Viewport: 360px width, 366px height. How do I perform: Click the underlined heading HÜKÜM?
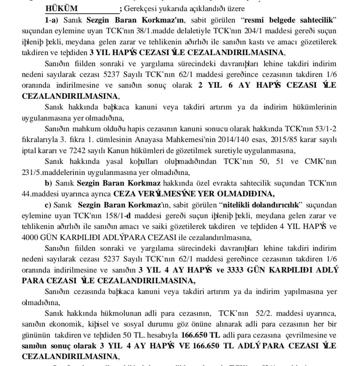tap(61, 9)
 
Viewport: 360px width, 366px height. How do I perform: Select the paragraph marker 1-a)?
tap(51, 20)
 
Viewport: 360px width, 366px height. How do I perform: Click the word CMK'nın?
tap(320, 161)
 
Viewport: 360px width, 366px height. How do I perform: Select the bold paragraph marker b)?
tap(48, 183)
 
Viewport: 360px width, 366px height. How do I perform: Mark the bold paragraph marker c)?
tap(48, 205)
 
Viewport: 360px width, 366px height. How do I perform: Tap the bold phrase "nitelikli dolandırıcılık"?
tap(261, 205)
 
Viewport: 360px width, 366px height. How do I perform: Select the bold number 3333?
tap(236, 270)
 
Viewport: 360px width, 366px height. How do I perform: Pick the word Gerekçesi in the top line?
tap(139, 9)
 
